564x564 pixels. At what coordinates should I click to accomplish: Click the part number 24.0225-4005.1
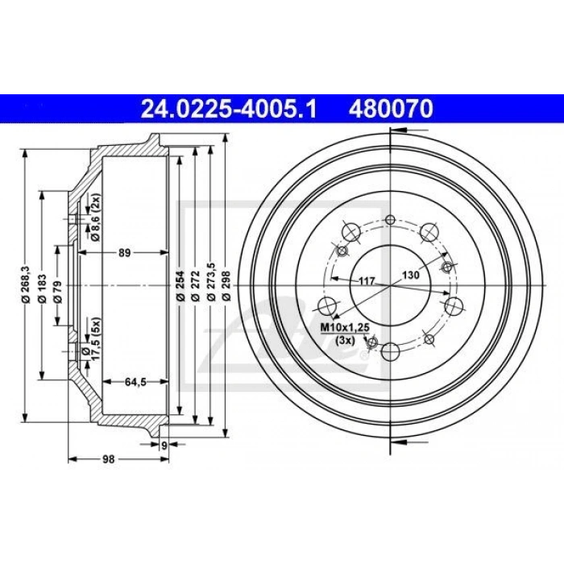(229, 109)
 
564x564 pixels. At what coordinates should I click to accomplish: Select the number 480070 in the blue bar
(391, 109)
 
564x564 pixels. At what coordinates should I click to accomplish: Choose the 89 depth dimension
(124, 253)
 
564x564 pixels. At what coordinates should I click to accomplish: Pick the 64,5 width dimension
(135, 382)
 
